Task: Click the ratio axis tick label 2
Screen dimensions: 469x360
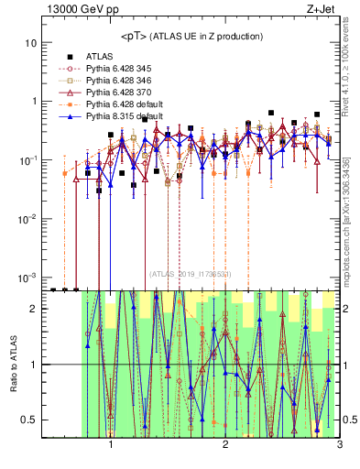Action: tap(33, 309)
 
